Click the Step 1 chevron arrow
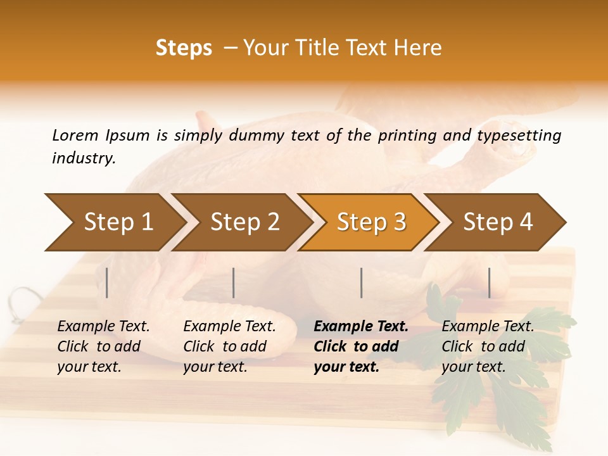(114, 222)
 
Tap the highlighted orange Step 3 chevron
(370, 222)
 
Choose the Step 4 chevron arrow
(497, 222)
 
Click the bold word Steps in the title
(184, 48)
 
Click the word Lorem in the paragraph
(75, 135)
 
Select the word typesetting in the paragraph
(519, 135)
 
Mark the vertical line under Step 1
(107, 282)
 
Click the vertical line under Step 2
(234, 282)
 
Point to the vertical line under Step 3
(362, 282)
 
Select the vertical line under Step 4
(490, 282)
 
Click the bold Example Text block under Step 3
(360, 346)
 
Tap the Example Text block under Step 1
(103, 346)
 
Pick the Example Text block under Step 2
(229, 346)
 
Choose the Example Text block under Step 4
(487, 346)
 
